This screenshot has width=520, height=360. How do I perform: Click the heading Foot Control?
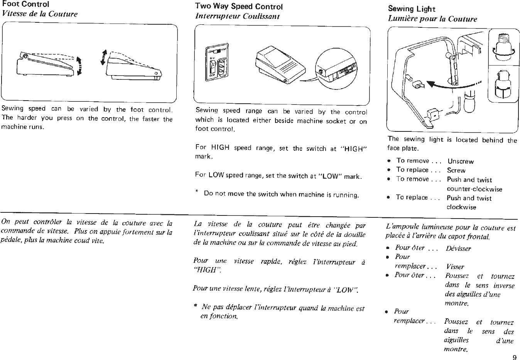pos(25,4)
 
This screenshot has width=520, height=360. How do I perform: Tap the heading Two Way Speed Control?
pos(239,7)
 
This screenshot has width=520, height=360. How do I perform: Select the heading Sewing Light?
pos(411,9)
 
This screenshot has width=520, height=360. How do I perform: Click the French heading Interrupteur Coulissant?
pos(237,16)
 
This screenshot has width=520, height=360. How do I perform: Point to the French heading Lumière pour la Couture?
pos(432,19)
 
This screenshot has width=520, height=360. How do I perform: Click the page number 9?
pos(514,357)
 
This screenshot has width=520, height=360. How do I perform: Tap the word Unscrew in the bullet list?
pos(460,161)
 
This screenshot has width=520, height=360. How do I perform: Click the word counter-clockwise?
pos(474,189)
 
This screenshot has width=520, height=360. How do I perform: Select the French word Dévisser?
pos(458,249)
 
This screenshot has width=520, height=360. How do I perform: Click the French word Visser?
pos(455,267)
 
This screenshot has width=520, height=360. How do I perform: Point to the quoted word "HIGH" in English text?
pos(354,149)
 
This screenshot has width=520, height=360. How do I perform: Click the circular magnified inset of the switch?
pos(335,69)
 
